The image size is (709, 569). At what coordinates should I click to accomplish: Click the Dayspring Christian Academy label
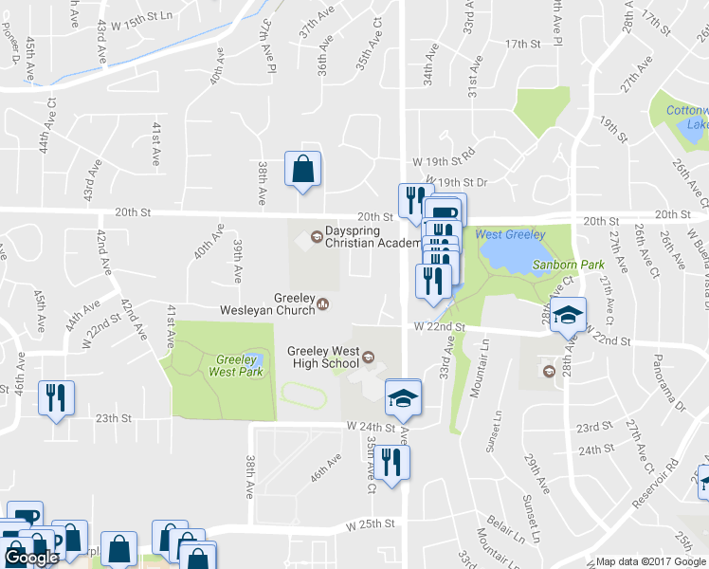(373, 236)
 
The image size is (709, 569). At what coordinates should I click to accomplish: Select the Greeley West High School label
(323, 358)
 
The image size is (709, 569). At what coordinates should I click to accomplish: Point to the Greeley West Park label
(212, 366)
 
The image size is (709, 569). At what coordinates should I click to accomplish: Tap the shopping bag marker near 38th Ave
(302, 171)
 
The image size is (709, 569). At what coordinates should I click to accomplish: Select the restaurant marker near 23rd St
(56, 398)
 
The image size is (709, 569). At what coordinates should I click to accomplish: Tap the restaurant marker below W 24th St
(390, 463)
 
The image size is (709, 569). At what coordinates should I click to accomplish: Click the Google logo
(31, 558)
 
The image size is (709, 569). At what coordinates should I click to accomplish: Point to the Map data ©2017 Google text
(651, 561)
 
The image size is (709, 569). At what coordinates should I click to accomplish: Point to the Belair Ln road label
(500, 523)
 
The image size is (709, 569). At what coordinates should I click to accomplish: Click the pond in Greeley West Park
(251, 359)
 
